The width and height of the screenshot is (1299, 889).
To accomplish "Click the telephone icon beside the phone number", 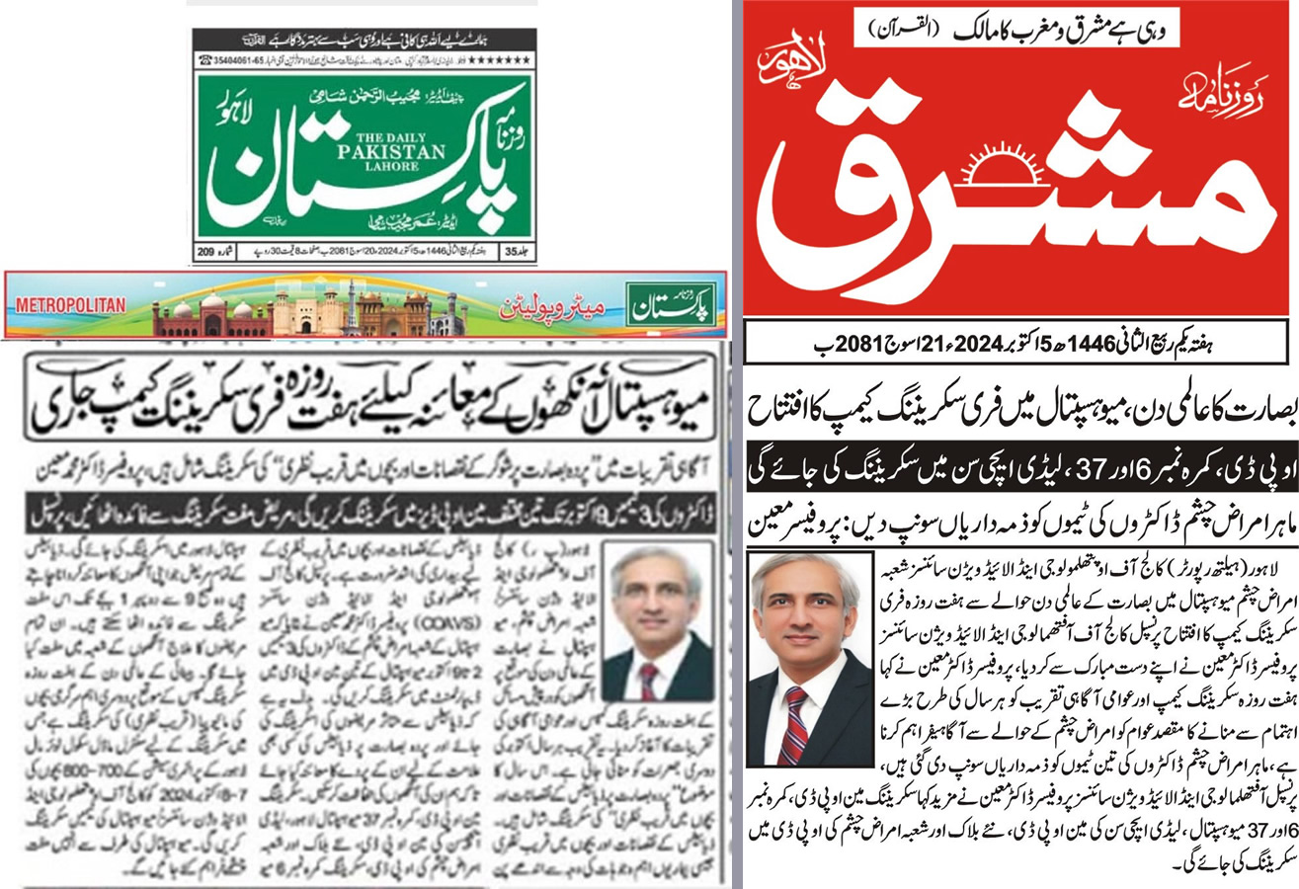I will click(202, 59).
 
